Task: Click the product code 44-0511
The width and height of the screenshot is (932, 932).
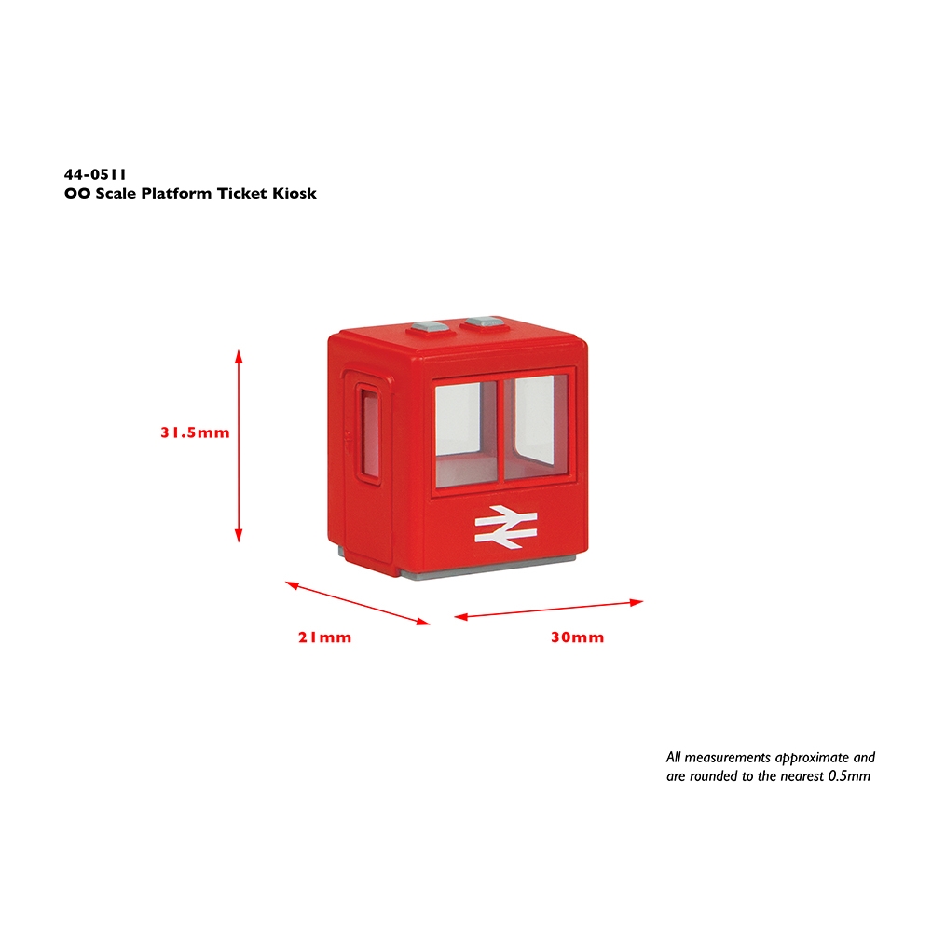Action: click(x=95, y=175)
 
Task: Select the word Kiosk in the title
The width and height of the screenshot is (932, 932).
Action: click(x=295, y=193)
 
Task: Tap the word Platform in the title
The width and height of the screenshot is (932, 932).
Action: click(x=176, y=193)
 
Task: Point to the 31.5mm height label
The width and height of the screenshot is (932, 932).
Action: click(x=195, y=432)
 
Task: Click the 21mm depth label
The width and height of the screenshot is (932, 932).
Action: click(x=324, y=637)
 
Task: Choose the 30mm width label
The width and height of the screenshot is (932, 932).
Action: click(x=577, y=637)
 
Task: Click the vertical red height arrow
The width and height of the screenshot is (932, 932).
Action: click(x=239, y=445)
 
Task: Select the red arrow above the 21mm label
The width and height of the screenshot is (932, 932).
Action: click(x=357, y=603)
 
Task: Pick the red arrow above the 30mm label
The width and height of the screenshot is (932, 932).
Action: click(x=549, y=610)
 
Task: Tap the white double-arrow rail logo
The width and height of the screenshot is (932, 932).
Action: click(x=506, y=526)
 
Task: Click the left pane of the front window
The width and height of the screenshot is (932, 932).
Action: click(x=467, y=432)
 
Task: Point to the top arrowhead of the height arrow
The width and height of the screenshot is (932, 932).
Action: click(x=239, y=356)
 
